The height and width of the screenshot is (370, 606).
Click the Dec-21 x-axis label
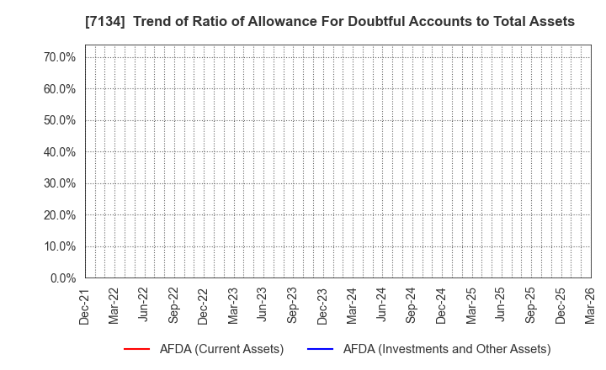tap(84, 305)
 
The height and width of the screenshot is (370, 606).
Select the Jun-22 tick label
tap(144, 305)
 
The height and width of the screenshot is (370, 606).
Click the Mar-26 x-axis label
tap(591, 305)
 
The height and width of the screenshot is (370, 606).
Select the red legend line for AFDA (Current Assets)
tap(136, 349)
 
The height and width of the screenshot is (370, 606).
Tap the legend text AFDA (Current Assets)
tap(221, 349)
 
